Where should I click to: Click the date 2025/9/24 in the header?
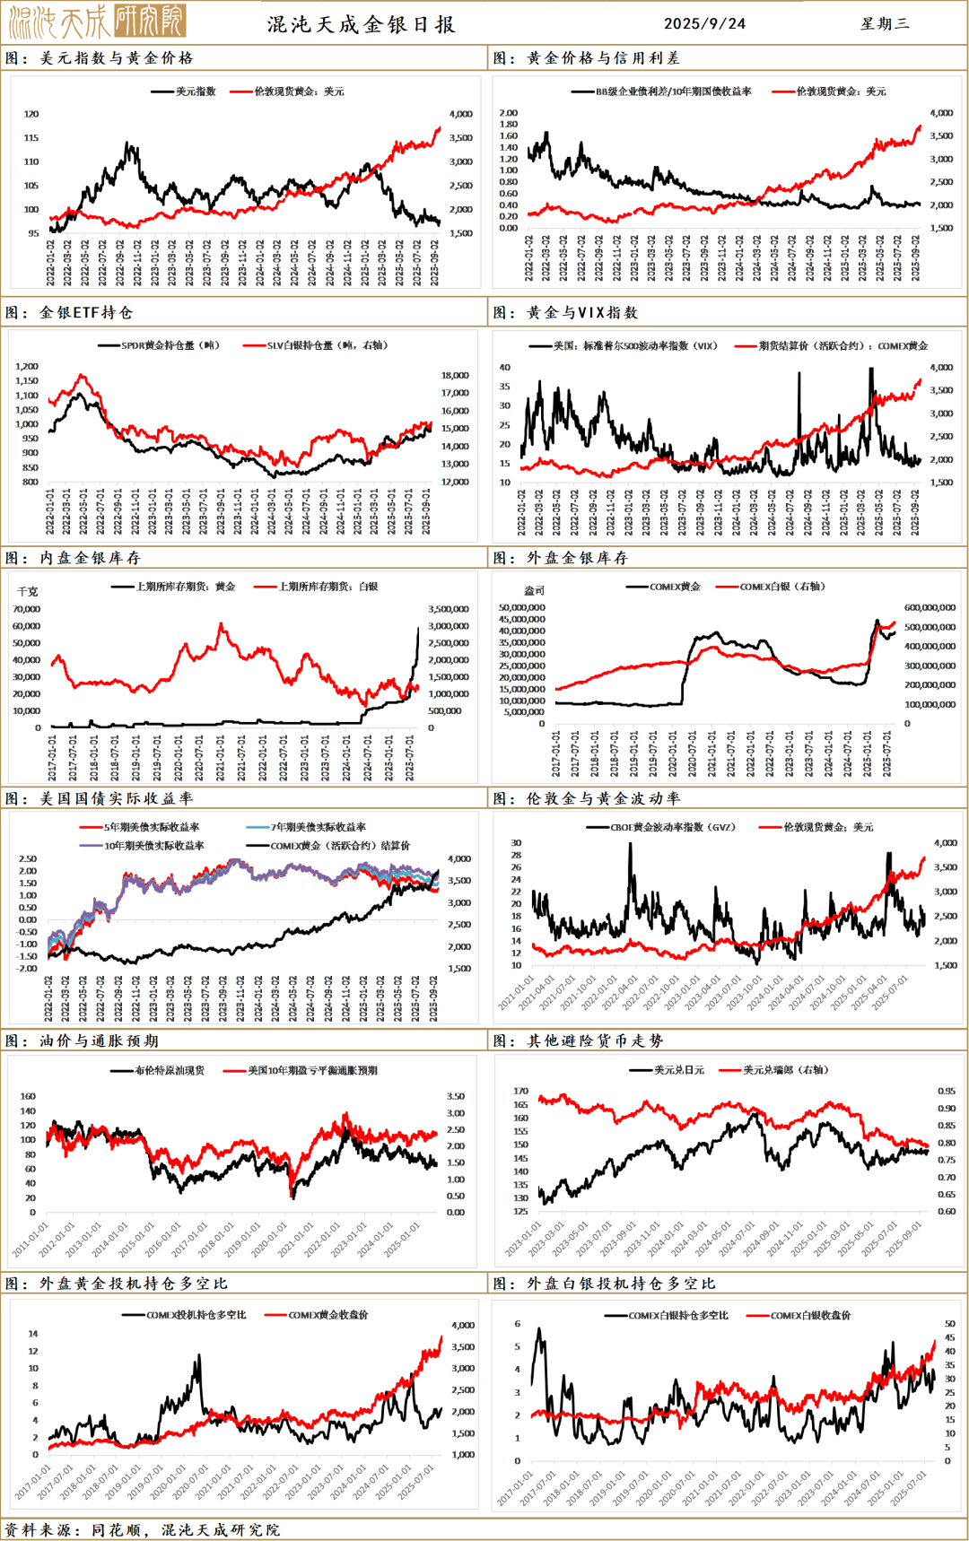click(x=704, y=23)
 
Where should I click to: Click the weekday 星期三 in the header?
click(x=885, y=23)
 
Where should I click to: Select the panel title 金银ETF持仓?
click(x=86, y=312)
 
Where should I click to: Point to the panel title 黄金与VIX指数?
click(x=582, y=312)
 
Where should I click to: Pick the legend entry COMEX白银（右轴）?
click(x=781, y=587)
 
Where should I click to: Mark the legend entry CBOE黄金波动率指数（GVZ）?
click(x=672, y=827)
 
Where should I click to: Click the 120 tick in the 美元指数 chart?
click(x=31, y=114)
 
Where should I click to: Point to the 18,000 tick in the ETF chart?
click(x=455, y=375)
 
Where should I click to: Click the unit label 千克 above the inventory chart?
click(x=28, y=591)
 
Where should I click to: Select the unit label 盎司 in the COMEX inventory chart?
click(x=534, y=590)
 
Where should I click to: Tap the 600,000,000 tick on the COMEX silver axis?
click(x=930, y=607)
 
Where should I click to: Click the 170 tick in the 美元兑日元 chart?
click(x=520, y=1091)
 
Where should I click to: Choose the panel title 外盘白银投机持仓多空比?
click(x=621, y=1284)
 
